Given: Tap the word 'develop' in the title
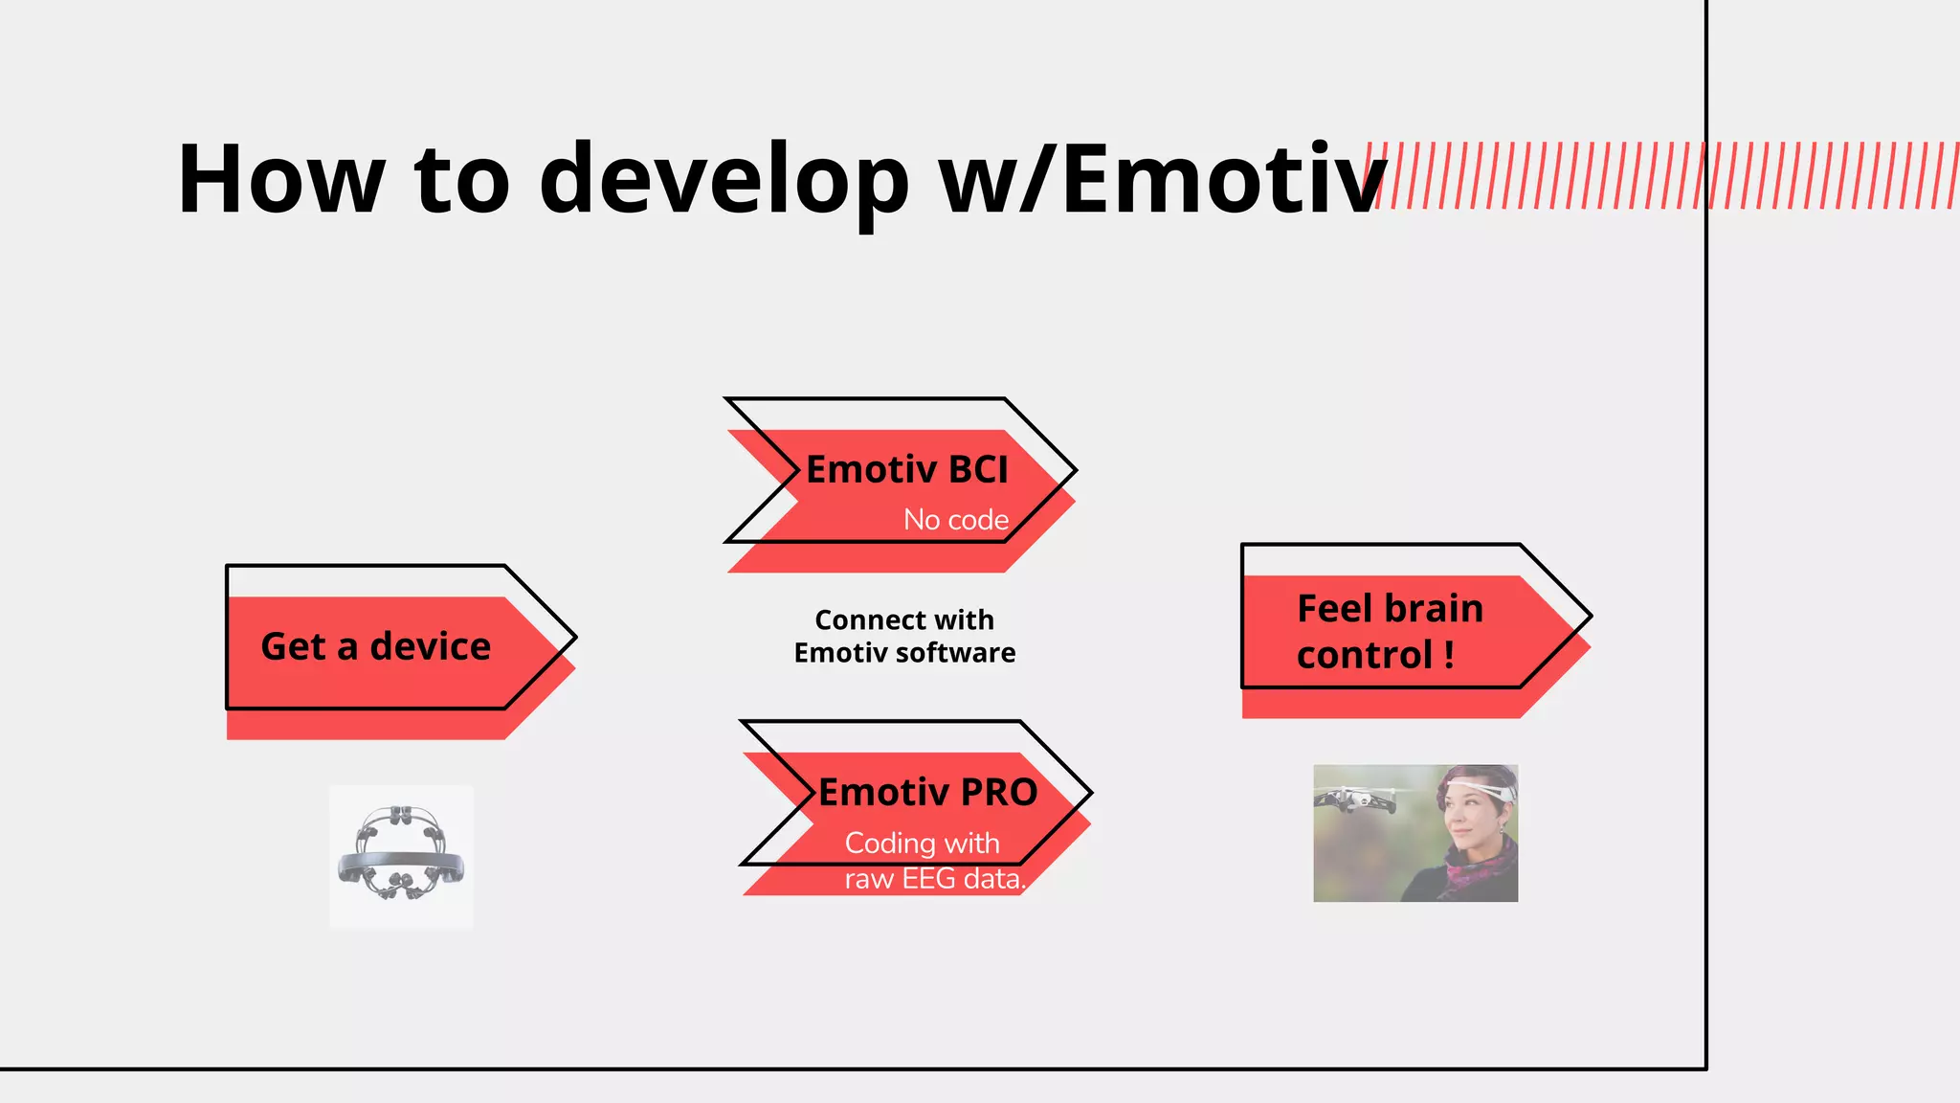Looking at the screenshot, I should point(724,179).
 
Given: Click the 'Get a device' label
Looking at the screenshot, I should point(375,647).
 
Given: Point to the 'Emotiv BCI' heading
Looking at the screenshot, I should point(907,470).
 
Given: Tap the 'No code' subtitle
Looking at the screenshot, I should point(956,520).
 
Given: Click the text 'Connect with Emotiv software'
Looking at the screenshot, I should point(904,637).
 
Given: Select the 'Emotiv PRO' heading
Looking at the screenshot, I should point(927,793).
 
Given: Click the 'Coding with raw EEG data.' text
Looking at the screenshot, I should point(933,861).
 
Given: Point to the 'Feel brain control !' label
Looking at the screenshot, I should point(1389,632).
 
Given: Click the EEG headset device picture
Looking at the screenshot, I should point(401,854).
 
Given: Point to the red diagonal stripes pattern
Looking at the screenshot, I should point(1665,175).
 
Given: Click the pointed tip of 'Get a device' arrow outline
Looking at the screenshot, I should point(574,637).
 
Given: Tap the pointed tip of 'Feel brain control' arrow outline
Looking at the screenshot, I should point(1590,617).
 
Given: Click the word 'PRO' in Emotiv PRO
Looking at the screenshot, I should point(998,793).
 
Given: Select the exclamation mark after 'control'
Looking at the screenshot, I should point(1449,656).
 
